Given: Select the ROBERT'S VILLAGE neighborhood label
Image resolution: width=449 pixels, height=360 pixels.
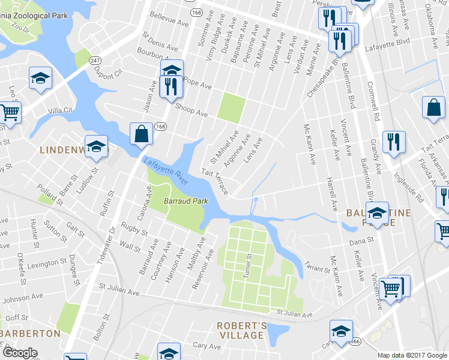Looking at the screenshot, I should pos(241,330).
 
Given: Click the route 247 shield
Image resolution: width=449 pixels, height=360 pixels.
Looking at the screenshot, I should pos(95,61).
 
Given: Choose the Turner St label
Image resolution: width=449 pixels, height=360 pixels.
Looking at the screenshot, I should pos(247,265).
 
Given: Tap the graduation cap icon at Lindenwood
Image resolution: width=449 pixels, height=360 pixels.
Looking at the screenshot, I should pos(96,147).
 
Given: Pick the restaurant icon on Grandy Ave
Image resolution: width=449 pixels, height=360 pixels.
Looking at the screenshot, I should pos(394,142).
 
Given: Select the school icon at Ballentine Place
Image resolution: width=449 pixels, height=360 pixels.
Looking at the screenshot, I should pos(377,213).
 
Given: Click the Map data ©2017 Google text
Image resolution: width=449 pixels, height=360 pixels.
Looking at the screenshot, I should pos(412,355).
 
